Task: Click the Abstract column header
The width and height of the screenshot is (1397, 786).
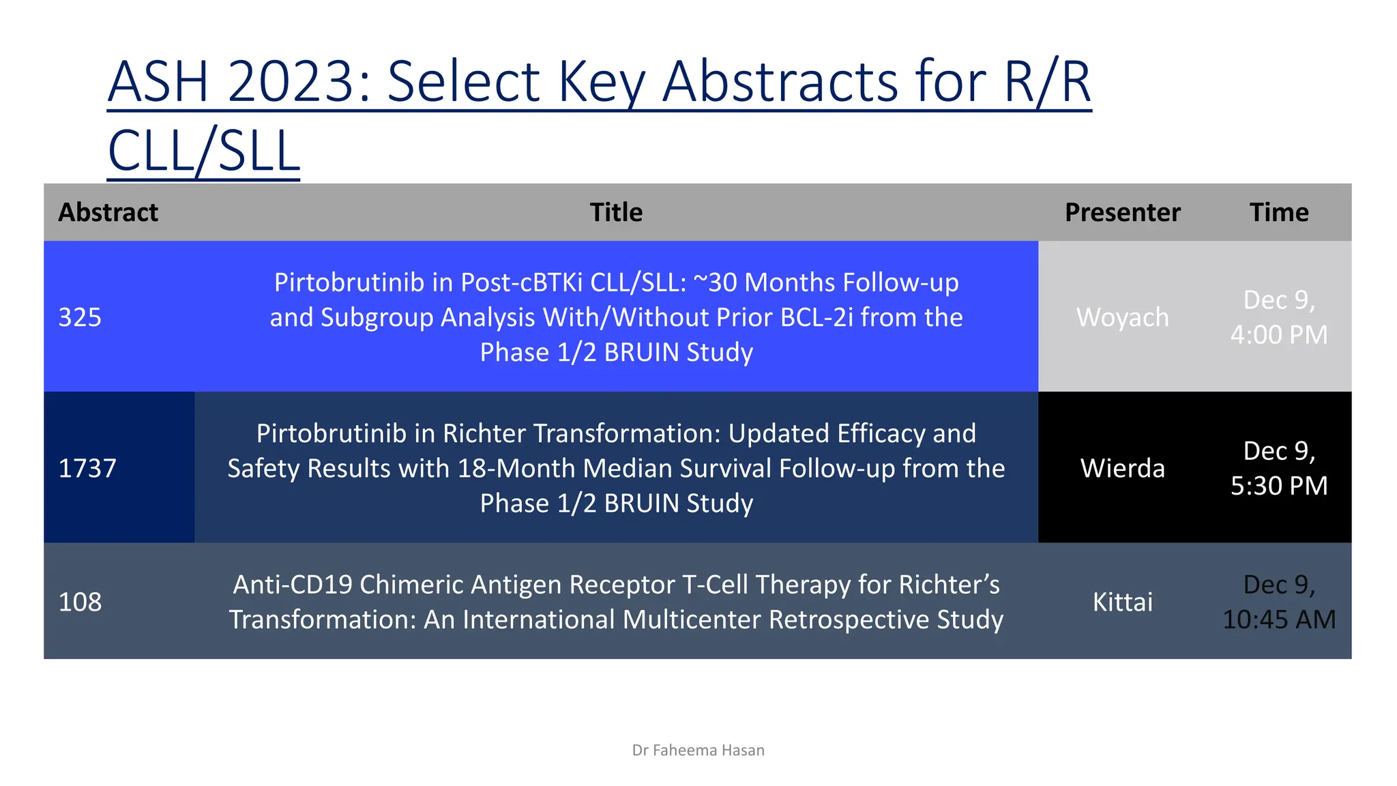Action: (108, 212)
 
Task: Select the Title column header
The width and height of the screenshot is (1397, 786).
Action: (616, 212)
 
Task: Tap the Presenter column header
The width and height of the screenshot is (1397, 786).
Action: (1122, 212)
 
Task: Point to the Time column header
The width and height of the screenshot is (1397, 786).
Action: (1279, 212)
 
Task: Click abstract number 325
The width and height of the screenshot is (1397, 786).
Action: (80, 317)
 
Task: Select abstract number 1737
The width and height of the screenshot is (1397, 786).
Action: (87, 468)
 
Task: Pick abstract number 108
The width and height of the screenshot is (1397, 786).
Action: (80, 602)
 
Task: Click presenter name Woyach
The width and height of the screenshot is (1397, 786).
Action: (1122, 317)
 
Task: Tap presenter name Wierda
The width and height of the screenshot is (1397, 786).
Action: (1122, 468)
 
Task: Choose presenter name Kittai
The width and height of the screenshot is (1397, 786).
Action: (1122, 602)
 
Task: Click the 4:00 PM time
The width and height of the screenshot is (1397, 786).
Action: (1279, 335)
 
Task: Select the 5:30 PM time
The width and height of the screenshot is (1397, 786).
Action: (1279, 486)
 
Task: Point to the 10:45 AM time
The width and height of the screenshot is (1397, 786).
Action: (1279, 620)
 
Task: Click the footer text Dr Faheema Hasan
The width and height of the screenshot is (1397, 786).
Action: (698, 751)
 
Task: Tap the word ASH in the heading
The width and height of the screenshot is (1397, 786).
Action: (158, 82)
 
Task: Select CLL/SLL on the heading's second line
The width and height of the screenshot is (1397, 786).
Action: (203, 151)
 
